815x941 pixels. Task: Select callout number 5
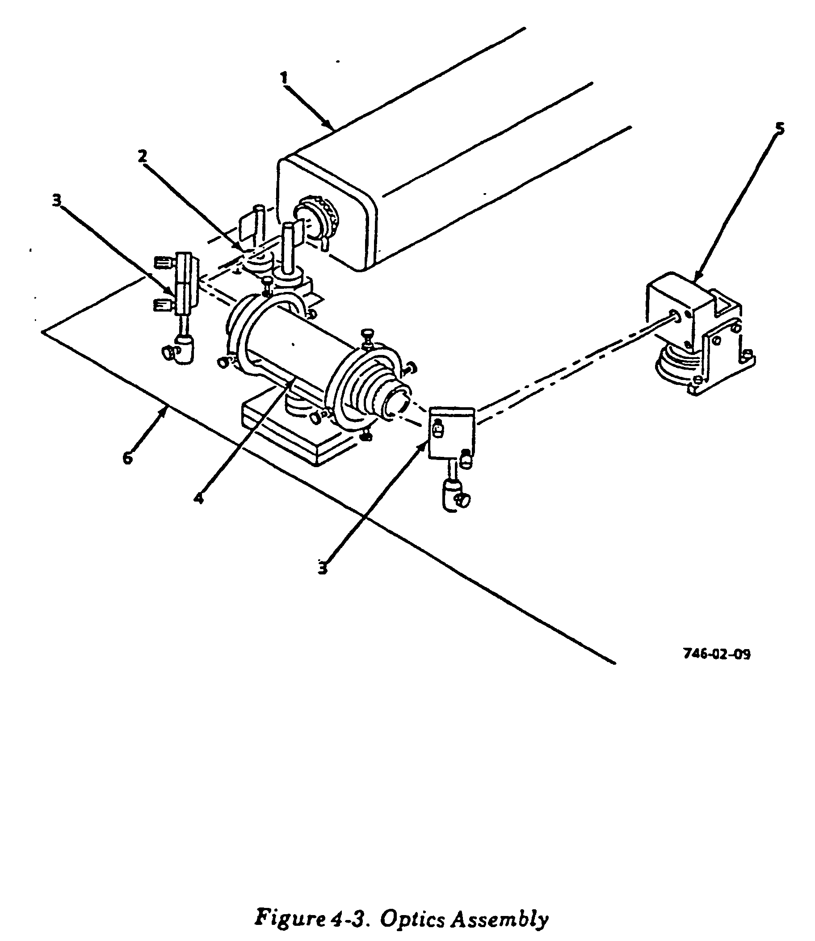pos(780,129)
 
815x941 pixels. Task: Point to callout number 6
pos(128,457)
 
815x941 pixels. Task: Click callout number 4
pos(198,498)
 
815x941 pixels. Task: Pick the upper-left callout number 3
pos(56,200)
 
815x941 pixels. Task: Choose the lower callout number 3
pos(323,568)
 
